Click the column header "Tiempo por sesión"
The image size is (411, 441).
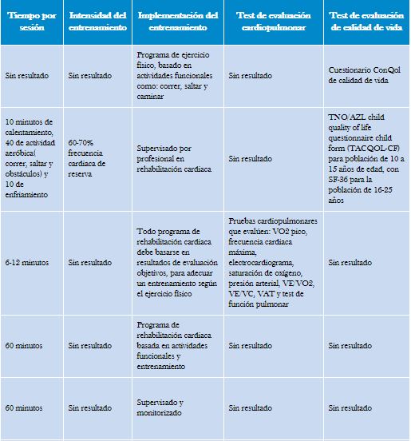click(x=32, y=22)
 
